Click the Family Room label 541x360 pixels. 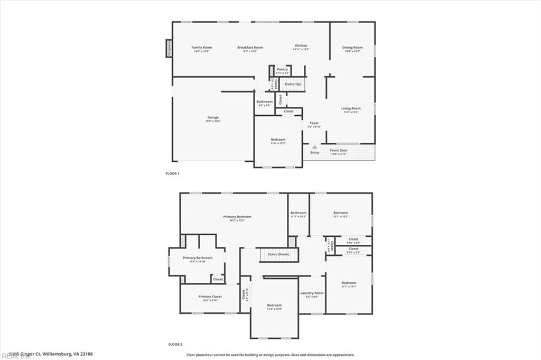201,48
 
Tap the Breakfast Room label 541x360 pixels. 250,48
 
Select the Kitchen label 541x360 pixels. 301,46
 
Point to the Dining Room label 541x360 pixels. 352,48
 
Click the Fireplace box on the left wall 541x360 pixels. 169,48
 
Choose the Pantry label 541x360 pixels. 283,69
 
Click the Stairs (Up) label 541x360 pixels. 293,84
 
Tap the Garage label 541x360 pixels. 213,117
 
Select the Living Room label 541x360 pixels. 351,108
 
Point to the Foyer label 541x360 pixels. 314,123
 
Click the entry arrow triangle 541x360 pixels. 314,147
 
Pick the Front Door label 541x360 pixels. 339,151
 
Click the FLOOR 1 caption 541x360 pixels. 173,173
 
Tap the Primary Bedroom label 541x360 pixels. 237,217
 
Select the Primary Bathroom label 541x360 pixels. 197,258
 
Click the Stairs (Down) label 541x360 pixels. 278,254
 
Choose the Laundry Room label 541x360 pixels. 312,293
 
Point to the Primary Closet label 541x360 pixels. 210,297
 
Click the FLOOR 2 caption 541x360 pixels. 175,344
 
